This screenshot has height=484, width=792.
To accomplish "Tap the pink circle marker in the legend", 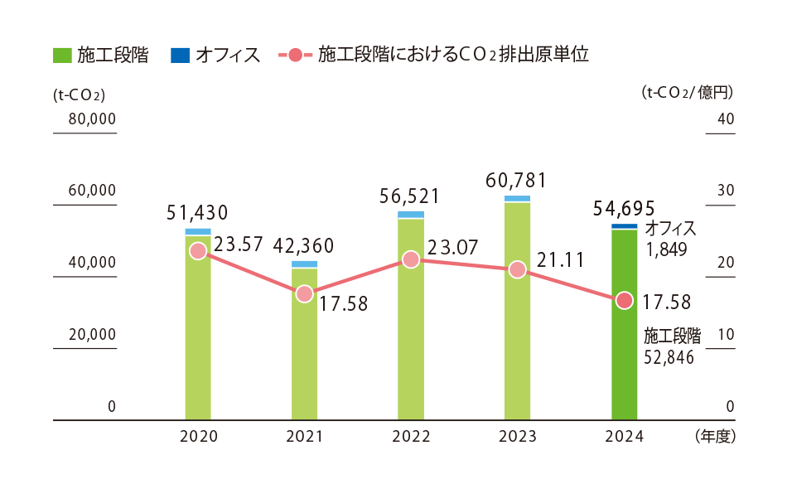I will pyautogui.click(x=296, y=56).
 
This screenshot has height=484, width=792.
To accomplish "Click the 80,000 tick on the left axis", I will pyautogui.click(x=85, y=119).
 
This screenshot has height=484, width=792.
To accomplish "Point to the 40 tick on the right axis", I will pyautogui.click(x=725, y=119).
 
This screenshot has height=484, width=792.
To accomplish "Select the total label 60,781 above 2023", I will pyautogui.click(x=517, y=180).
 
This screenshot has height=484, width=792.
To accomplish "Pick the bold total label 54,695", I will pyautogui.click(x=624, y=208).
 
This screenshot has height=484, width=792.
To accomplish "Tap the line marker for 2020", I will pyautogui.click(x=197, y=250).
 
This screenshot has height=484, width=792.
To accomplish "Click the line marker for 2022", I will pyautogui.click(x=410, y=259).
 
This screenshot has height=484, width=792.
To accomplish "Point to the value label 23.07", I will pyautogui.click(x=453, y=247).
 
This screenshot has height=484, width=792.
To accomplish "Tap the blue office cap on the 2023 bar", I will pyautogui.click(x=517, y=199).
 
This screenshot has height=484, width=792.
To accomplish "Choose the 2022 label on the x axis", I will pyautogui.click(x=410, y=437).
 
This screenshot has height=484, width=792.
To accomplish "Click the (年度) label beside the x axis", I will pyautogui.click(x=715, y=435).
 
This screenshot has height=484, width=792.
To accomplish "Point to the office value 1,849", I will pyautogui.click(x=666, y=249).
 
